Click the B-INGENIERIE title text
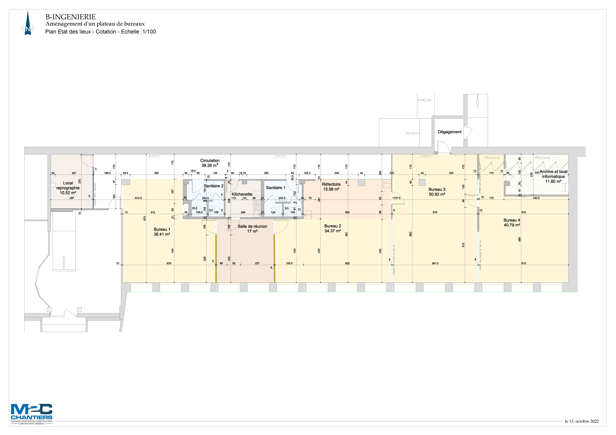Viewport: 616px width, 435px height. click(71, 17)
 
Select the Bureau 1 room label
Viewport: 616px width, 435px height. click(162, 229)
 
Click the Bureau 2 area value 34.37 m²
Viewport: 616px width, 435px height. click(333, 231)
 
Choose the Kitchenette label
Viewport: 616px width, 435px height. click(242, 194)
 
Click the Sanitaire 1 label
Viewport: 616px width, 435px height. click(276, 188)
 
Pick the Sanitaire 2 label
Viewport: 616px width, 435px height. click(214, 186)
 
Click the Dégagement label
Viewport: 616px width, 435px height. click(450, 132)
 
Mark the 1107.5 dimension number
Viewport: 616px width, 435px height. click(396, 198)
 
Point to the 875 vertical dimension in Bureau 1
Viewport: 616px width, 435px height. click(145, 218)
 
